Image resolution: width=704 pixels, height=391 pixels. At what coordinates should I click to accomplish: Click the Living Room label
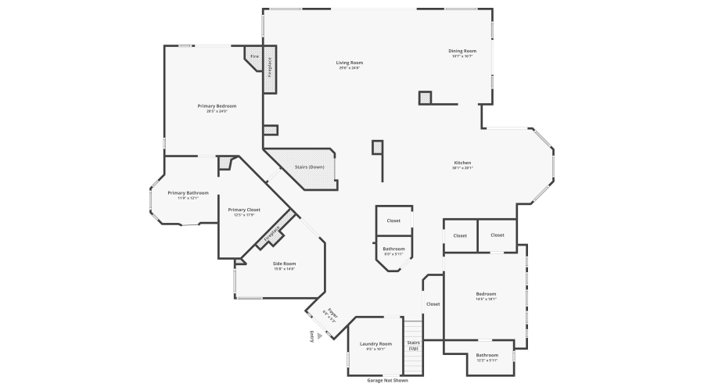(x=350, y=63)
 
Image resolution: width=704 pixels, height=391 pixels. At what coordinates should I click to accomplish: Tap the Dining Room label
(x=462, y=51)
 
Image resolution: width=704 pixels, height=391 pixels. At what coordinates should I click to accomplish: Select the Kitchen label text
(x=462, y=163)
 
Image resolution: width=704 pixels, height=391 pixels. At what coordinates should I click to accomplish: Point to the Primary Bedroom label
(x=217, y=106)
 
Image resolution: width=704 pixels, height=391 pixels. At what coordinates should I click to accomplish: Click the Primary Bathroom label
(x=188, y=192)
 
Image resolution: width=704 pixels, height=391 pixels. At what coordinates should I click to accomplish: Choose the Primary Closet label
(x=244, y=210)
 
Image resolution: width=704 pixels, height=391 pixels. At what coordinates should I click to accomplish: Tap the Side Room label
(x=284, y=264)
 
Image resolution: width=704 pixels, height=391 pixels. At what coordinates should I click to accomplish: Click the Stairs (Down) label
(x=309, y=167)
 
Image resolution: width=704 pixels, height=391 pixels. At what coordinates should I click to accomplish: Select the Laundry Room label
(x=375, y=344)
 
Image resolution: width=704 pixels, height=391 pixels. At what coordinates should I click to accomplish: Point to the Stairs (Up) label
(x=413, y=345)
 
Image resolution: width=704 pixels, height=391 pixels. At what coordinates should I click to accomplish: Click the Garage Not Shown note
(x=387, y=381)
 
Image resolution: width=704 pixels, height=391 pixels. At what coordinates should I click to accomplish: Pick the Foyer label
(x=332, y=313)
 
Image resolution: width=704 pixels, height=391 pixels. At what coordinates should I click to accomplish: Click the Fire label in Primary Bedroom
(x=253, y=57)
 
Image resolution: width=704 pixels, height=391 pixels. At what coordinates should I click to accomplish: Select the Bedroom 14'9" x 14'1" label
(x=486, y=294)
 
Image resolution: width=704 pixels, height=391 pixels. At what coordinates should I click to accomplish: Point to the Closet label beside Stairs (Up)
(x=433, y=303)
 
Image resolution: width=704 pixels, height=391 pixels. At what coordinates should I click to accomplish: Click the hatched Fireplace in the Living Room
(x=270, y=70)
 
